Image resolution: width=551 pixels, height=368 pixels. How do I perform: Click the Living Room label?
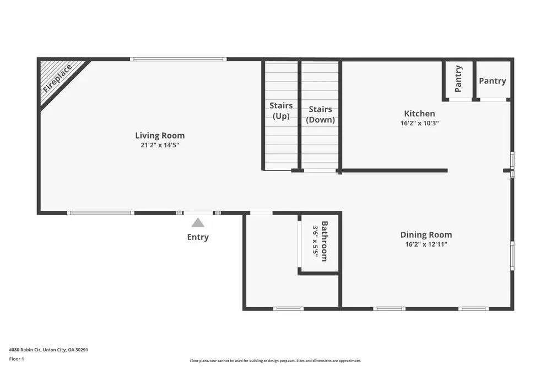coord(160,135)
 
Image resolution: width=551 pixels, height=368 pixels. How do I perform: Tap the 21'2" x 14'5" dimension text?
coord(160,145)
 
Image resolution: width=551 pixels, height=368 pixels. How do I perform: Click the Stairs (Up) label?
coord(281,110)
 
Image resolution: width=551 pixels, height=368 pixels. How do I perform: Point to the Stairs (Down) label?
coord(320,114)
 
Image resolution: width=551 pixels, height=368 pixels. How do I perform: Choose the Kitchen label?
coord(419,114)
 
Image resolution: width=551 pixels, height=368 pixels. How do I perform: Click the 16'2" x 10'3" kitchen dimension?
coord(419,124)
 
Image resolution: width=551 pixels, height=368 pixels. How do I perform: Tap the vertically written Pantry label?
coord(458,78)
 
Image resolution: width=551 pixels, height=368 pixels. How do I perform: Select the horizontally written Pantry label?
coord(492,81)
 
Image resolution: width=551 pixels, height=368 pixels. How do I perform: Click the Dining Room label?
coord(426,234)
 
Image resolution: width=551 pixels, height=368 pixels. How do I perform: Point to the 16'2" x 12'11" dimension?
coord(426,244)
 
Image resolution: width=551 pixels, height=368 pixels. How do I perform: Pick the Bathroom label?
coord(325,241)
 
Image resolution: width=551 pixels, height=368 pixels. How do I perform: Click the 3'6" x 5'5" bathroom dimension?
coord(316,241)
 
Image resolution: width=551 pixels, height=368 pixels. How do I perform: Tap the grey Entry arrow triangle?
coord(198,223)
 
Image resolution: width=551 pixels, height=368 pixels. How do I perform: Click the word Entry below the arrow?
coord(198,237)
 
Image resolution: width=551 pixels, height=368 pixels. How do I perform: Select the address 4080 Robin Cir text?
coord(49,350)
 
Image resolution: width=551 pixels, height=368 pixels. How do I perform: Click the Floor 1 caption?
coord(17,359)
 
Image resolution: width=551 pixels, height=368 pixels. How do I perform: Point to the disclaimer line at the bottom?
coord(275,361)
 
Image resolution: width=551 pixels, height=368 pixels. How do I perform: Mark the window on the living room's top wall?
coord(178,59)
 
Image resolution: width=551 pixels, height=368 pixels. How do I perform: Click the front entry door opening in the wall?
coord(198,212)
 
